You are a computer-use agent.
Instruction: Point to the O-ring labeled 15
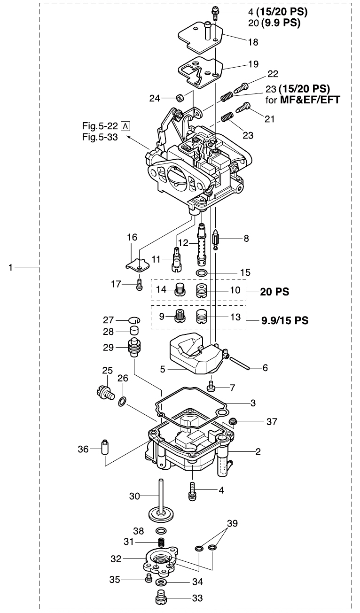pyautogui.click(x=202, y=272)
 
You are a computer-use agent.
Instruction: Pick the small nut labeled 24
pyautogui.click(x=180, y=98)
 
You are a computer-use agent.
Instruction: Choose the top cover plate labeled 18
pyautogui.click(x=202, y=38)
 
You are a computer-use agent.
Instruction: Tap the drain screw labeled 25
pyautogui.click(x=105, y=394)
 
